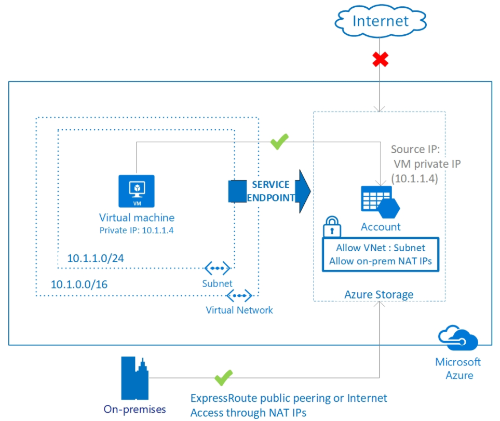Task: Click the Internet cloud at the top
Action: [381, 21]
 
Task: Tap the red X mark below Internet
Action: [380, 60]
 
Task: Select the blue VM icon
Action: [137, 191]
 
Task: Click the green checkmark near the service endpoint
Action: [279, 141]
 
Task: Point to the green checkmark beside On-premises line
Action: [224, 377]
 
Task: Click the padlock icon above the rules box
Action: [332, 227]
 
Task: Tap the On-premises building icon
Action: [135, 378]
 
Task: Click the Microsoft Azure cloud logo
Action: [458, 338]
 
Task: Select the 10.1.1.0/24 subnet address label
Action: [96, 258]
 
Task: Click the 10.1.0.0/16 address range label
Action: [79, 284]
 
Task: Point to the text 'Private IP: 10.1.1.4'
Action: [137, 230]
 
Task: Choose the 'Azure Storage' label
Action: [379, 294]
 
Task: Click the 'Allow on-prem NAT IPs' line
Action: [381, 261]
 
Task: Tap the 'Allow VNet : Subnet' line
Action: [381, 248]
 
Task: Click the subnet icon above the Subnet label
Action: [217, 268]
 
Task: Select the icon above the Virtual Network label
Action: [239, 295]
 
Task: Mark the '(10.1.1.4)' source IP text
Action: [414, 179]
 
